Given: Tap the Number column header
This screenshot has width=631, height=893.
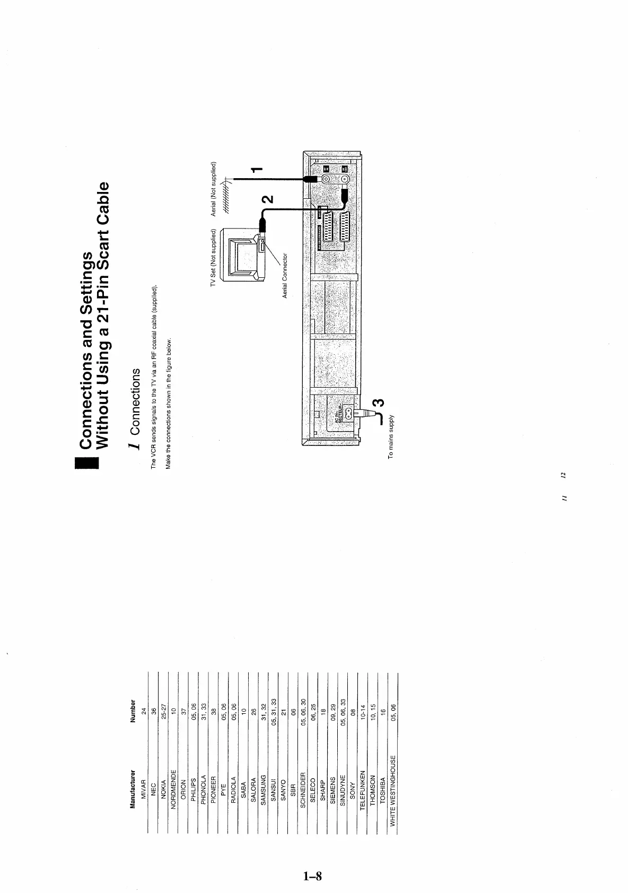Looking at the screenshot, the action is (x=133, y=712).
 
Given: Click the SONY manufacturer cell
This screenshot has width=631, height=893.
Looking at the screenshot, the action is (x=353, y=790).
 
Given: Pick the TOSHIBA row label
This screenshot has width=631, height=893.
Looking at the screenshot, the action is (x=382, y=790).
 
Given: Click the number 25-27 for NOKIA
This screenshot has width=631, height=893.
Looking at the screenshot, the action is (x=163, y=712).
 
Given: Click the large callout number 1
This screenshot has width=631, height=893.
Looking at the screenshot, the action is (x=256, y=170).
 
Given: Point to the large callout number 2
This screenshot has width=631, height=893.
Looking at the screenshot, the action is (x=268, y=199).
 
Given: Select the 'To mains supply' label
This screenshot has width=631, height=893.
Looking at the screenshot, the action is (x=390, y=436).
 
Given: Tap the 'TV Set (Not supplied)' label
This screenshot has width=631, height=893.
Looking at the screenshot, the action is (x=213, y=258).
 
